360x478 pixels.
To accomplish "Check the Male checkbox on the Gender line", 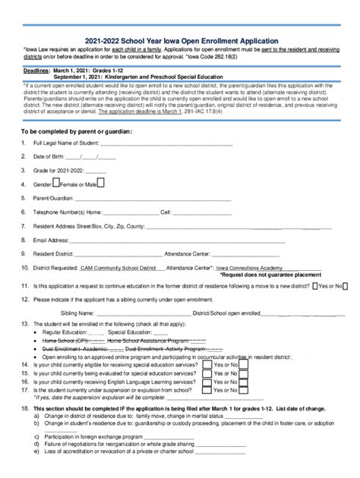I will coord(102,184).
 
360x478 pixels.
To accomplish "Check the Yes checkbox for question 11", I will coord(316,287).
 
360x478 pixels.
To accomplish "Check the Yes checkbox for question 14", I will coord(207,364).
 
